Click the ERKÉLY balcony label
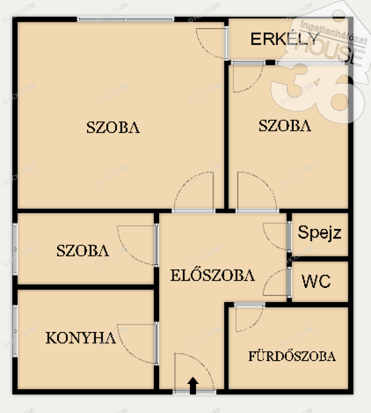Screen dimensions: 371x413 coord(285,39)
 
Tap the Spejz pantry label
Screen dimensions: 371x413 coord(319,233)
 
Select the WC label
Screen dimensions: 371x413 coord(316,281)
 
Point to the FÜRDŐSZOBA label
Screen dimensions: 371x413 coord(292,356)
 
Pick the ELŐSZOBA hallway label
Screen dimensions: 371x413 coord(213,275)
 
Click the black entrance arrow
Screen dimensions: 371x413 coord(193,386)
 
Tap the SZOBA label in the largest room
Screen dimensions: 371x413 coord(113,127)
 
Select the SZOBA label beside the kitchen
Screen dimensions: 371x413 coord(83,250)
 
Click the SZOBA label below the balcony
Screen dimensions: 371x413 coord(285,125)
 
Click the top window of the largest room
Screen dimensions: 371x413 coord(126,19)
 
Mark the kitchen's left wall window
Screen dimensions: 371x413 coord(15,331)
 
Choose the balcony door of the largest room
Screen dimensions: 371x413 coord(226,43)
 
